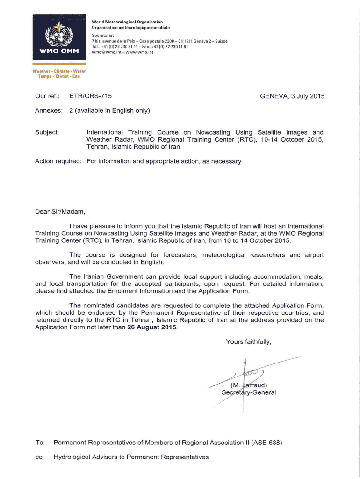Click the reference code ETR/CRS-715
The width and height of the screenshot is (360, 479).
click(x=90, y=96)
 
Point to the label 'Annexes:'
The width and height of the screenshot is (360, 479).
click(x=49, y=111)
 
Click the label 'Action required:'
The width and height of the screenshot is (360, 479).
click(x=58, y=161)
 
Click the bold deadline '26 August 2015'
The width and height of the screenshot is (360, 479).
click(x=152, y=327)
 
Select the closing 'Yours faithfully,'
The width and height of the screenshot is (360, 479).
click(x=248, y=342)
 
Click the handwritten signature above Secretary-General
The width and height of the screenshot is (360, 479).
click(x=248, y=374)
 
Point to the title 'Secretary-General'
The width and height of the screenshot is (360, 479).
click(x=249, y=392)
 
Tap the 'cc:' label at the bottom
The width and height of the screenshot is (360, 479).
click(x=40, y=457)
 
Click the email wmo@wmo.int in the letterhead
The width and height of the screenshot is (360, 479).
click(x=104, y=53)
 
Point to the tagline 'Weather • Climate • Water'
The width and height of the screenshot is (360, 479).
click(x=56, y=71)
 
